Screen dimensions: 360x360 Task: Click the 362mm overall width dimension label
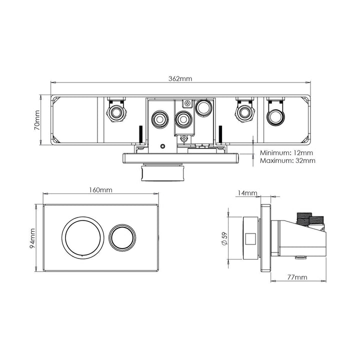pos(180,78)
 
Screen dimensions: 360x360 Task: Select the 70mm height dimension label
pos(36,120)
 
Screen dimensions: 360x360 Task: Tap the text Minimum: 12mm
pos(287,152)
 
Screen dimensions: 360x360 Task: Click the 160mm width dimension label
pos(99,190)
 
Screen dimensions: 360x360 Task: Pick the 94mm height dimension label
pos(33,238)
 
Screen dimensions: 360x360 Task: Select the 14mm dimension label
pos(247,193)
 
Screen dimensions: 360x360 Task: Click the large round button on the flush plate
pos(81,237)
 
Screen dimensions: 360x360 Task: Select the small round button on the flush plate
pos(122,237)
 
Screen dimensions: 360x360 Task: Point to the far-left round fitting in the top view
pos(116,111)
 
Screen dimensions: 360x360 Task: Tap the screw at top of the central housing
pos(186,103)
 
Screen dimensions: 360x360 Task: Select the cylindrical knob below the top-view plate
pos(165,175)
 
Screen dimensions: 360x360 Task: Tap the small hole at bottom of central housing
pos(162,146)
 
